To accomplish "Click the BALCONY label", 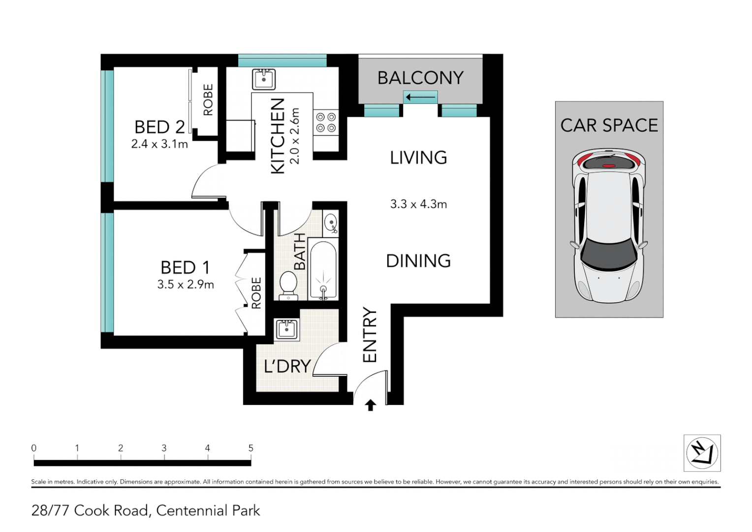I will click(x=420, y=78).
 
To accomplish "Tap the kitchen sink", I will click(x=264, y=79).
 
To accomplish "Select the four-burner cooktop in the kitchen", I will click(x=326, y=123).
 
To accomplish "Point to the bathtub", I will click(x=323, y=269).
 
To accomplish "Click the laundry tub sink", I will click(x=287, y=329).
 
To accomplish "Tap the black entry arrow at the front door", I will click(x=371, y=405).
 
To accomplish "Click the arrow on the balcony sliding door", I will click(x=420, y=97).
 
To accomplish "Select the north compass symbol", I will click(x=702, y=453).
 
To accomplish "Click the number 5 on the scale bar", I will click(x=251, y=448).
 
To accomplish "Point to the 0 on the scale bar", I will click(x=34, y=448).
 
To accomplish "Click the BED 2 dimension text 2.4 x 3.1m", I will click(x=159, y=144).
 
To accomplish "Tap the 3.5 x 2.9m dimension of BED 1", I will click(x=186, y=285).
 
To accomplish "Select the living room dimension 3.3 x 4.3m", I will click(x=418, y=204).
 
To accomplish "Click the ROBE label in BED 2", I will click(x=208, y=100).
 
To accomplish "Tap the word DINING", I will click(x=418, y=261).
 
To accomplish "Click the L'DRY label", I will click(x=287, y=366).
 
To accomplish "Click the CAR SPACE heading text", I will click(x=609, y=126).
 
